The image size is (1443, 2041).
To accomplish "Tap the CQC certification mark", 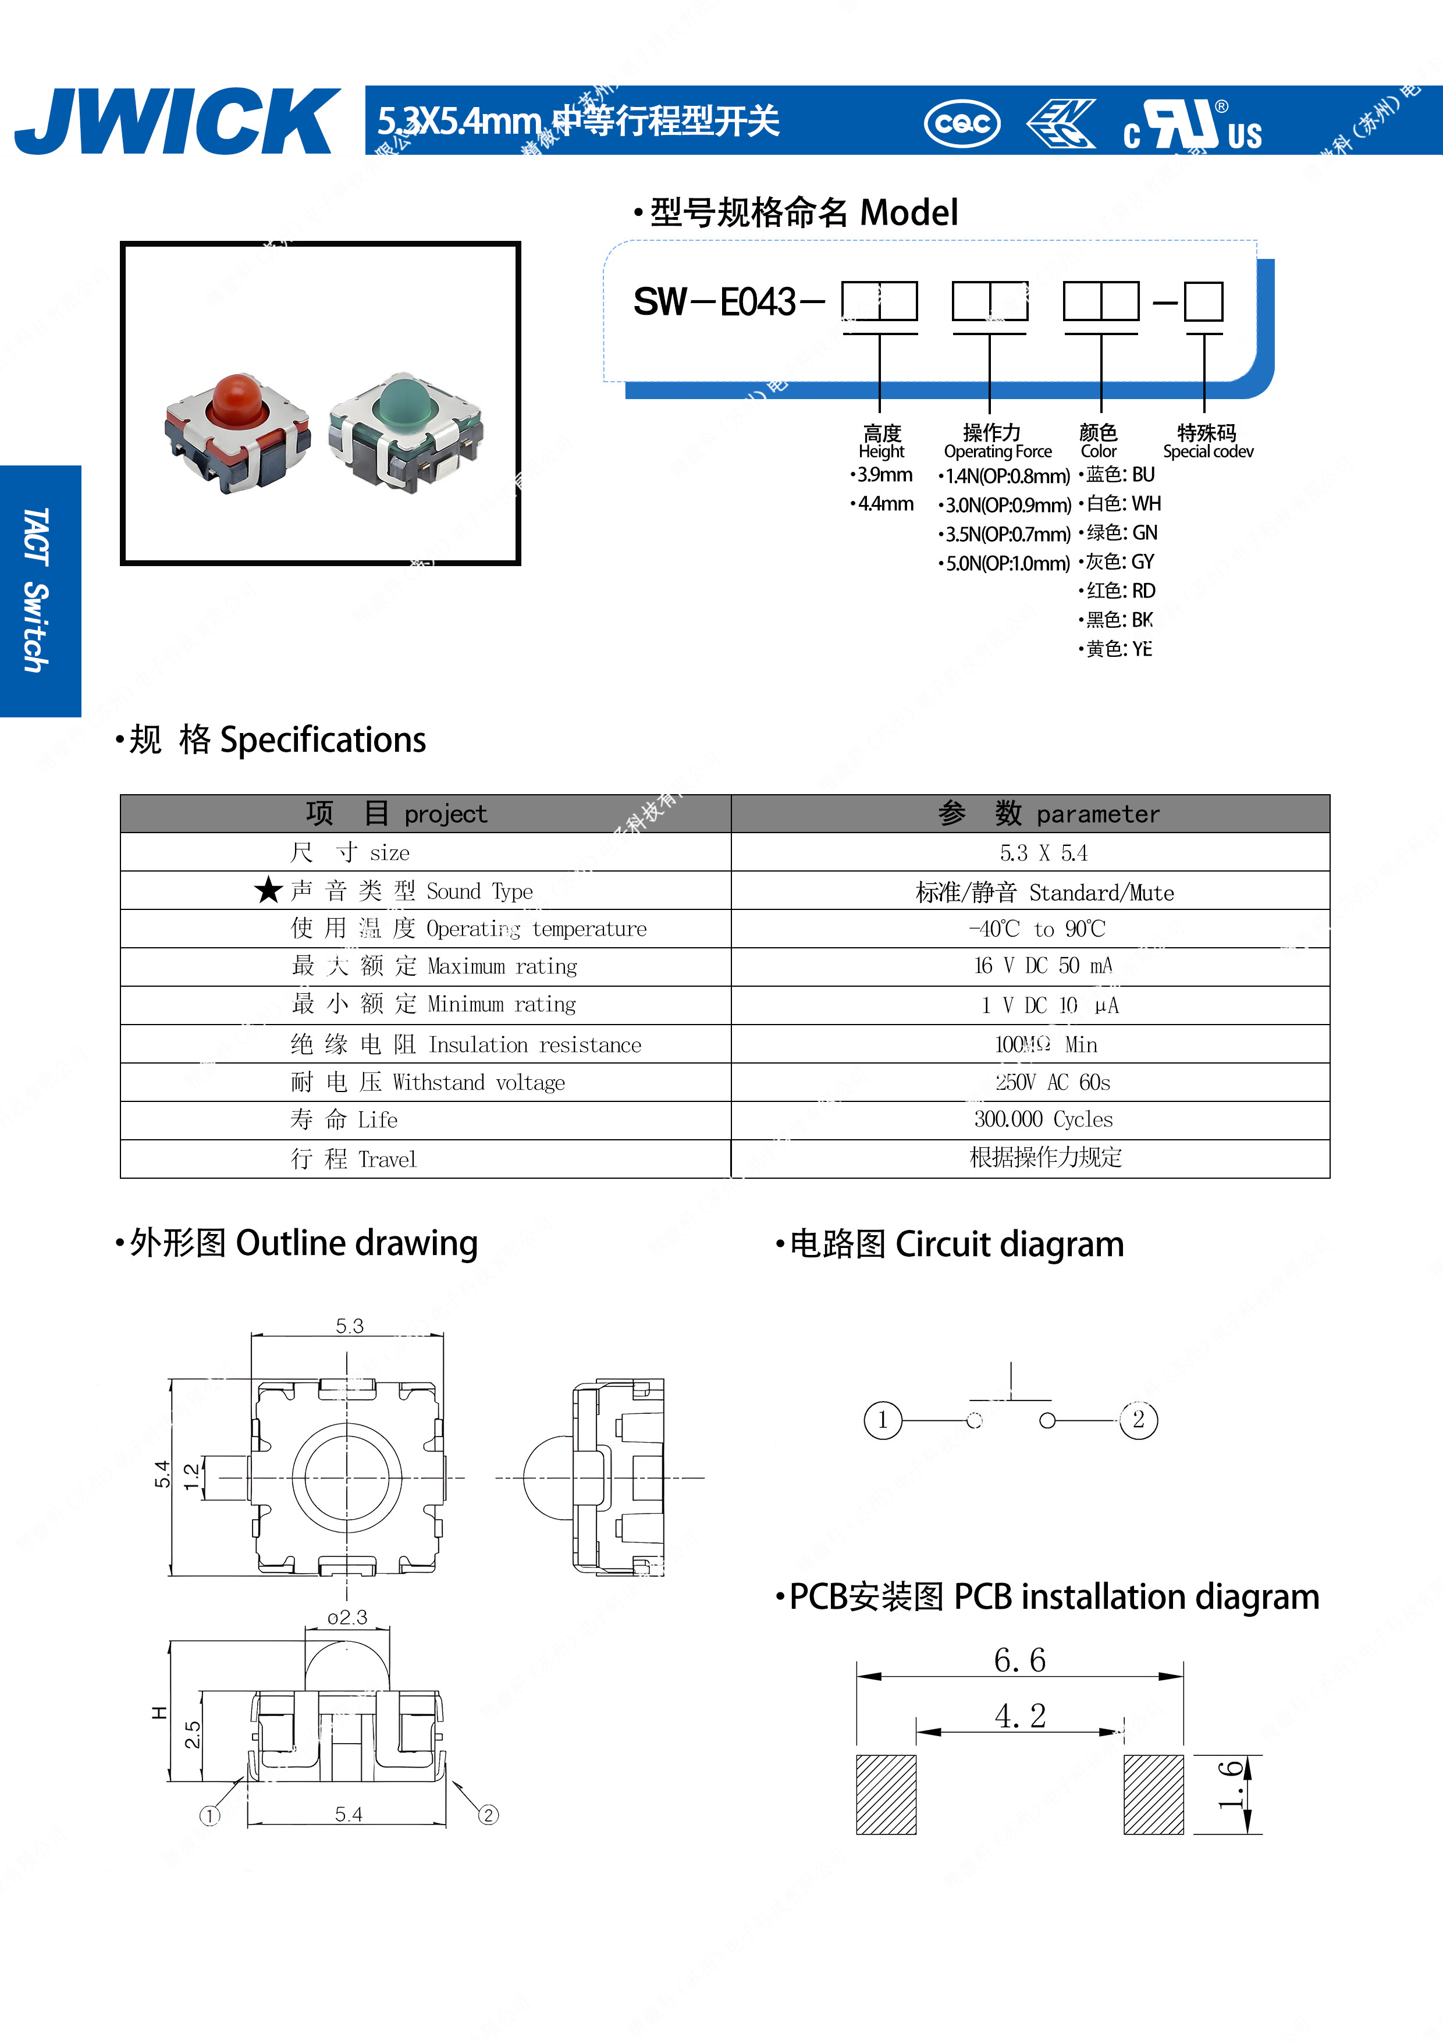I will point(962,123).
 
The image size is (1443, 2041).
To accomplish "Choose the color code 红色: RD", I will point(1118,591).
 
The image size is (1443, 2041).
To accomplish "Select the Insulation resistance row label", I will point(466,1044).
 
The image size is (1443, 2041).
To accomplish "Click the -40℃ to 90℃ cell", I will point(1037,929).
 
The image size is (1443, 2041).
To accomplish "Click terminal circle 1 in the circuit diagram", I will point(882,1420).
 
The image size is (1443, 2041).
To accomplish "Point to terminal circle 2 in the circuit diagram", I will point(1138,1420).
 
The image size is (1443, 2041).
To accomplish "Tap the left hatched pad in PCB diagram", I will point(886,1794).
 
